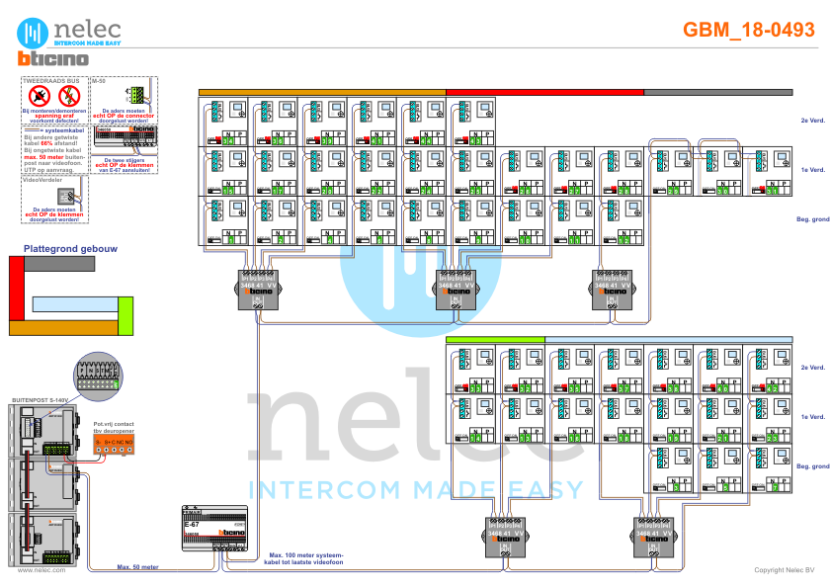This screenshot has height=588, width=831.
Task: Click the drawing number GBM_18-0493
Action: (749, 30)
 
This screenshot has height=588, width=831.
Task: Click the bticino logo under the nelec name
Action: (54, 60)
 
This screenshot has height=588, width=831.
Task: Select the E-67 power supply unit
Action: (209, 529)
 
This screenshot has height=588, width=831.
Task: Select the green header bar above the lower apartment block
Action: (495, 340)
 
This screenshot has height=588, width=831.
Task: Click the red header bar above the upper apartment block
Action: (545, 92)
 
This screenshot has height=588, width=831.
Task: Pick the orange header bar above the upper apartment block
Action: (322, 92)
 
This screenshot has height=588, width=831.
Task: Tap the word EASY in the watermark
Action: (543, 489)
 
